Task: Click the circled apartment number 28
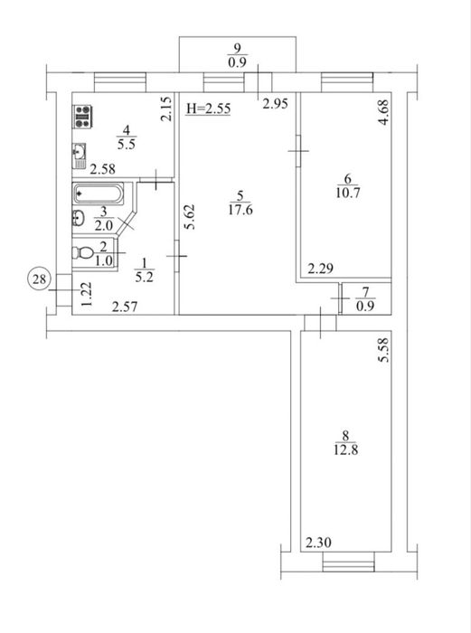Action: click(39, 279)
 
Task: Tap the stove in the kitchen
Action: click(82, 117)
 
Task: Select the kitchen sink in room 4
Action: click(80, 156)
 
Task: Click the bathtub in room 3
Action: click(99, 194)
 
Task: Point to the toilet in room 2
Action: click(83, 253)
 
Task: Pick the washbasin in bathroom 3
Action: click(79, 218)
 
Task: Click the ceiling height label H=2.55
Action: click(208, 109)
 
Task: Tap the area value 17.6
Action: click(240, 210)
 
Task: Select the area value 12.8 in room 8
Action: click(346, 449)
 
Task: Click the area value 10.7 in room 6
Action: click(347, 193)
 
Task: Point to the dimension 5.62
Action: click(190, 217)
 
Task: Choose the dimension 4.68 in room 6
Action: click(384, 112)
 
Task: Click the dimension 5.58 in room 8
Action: click(384, 350)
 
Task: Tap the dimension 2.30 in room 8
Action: click(318, 543)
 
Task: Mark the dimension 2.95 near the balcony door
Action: click(275, 104)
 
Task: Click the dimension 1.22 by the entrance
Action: click(87, 294)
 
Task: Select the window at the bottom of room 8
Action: click(349, 562)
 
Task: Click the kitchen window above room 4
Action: click(120, 82)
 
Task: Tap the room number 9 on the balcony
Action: click(238, 49)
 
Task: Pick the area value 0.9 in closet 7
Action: click(365, 307)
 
